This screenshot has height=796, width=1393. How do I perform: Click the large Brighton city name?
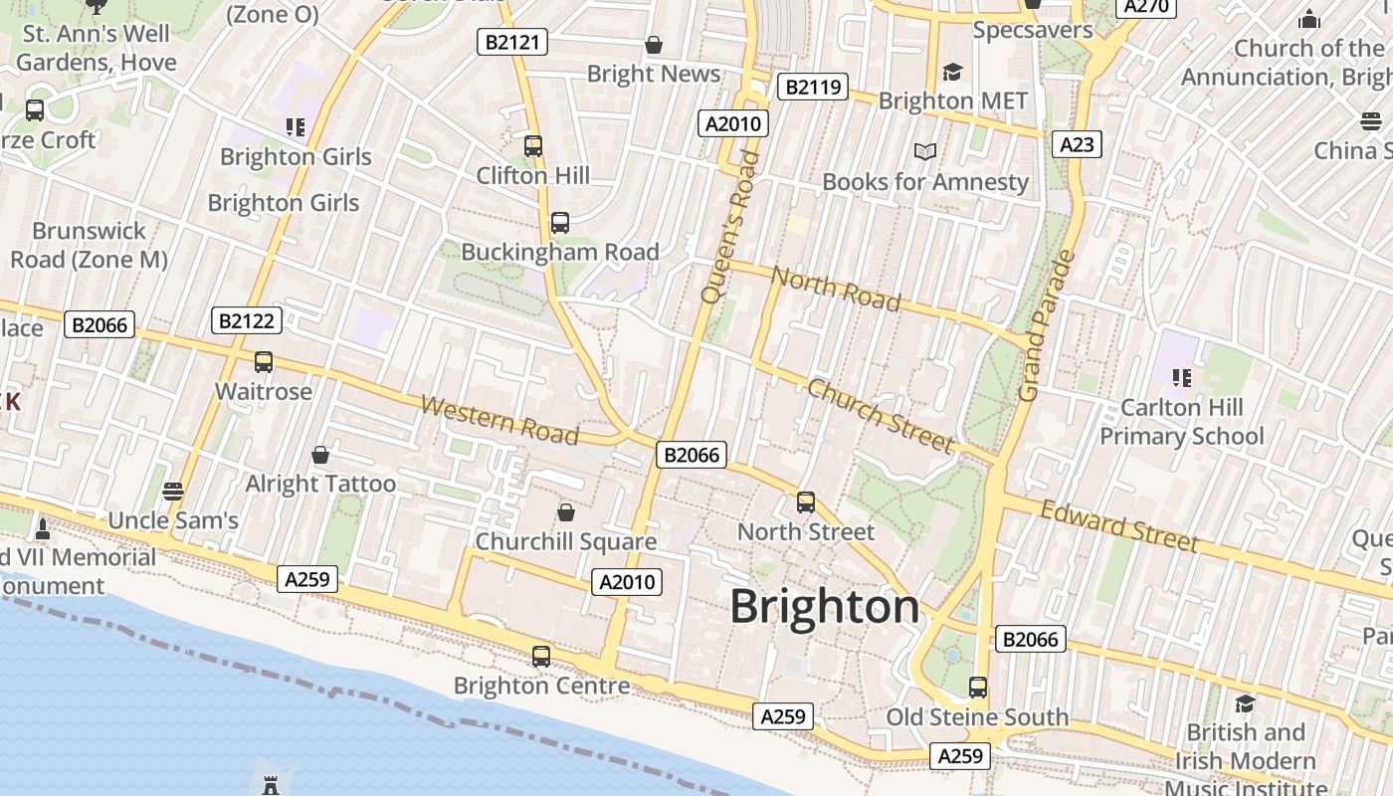(825, 606)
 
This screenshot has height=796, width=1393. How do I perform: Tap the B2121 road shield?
(512, 42)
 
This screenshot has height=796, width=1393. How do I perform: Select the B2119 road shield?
(812, 87)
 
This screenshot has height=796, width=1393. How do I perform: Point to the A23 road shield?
(1077, 144)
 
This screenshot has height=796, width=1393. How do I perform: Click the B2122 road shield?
(247, 320)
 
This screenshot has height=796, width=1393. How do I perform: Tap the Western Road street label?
(499, 420)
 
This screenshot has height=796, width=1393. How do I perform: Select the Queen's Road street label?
(730, 227)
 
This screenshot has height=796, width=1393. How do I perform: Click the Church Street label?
(880, 414)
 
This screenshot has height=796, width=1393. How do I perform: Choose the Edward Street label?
(1119, 525)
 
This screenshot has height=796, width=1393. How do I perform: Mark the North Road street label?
(836, 289)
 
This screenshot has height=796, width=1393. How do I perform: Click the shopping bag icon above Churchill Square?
(566, 512)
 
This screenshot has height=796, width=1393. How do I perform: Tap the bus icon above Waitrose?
(264, 362)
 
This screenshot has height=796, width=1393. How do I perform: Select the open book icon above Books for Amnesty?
(925, 151)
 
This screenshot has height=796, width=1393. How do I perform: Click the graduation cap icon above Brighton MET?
(953, 72)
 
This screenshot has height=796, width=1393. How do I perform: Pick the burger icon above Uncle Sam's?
(173, 492)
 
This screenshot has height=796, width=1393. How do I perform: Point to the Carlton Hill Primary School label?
(1182, 422)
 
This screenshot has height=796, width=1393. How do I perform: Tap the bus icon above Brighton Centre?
(541, 657)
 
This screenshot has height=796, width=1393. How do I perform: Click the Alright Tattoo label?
(320, 484)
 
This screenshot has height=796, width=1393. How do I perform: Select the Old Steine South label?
(977, 716)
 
